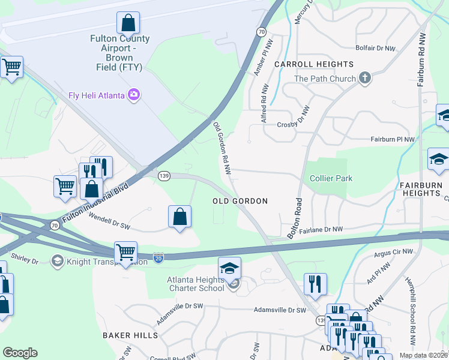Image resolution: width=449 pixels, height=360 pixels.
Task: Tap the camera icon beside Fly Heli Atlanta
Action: point(133,95)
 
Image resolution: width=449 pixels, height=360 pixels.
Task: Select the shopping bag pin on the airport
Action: point(128,23)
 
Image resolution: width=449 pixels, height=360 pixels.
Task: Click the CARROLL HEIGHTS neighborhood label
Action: point(314,64)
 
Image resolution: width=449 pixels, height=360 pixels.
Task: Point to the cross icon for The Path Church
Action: point(364,78)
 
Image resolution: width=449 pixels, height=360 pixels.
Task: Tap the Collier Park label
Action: point(331,178)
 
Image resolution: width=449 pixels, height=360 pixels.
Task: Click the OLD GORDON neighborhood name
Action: point(240,201)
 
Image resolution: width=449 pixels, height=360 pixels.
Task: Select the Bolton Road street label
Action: point(297,218)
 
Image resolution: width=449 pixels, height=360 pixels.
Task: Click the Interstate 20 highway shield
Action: point(158,256)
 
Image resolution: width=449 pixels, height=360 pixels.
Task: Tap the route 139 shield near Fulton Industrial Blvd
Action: point(164,176)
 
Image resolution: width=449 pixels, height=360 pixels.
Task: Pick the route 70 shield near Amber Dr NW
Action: point(261,31)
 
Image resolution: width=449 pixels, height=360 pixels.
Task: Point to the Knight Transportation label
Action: point(99,262)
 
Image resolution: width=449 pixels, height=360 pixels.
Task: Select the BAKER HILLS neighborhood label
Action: point(130,335)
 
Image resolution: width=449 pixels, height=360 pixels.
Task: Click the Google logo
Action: point(20,353)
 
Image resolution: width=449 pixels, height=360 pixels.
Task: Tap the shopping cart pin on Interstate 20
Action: point(125,252)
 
